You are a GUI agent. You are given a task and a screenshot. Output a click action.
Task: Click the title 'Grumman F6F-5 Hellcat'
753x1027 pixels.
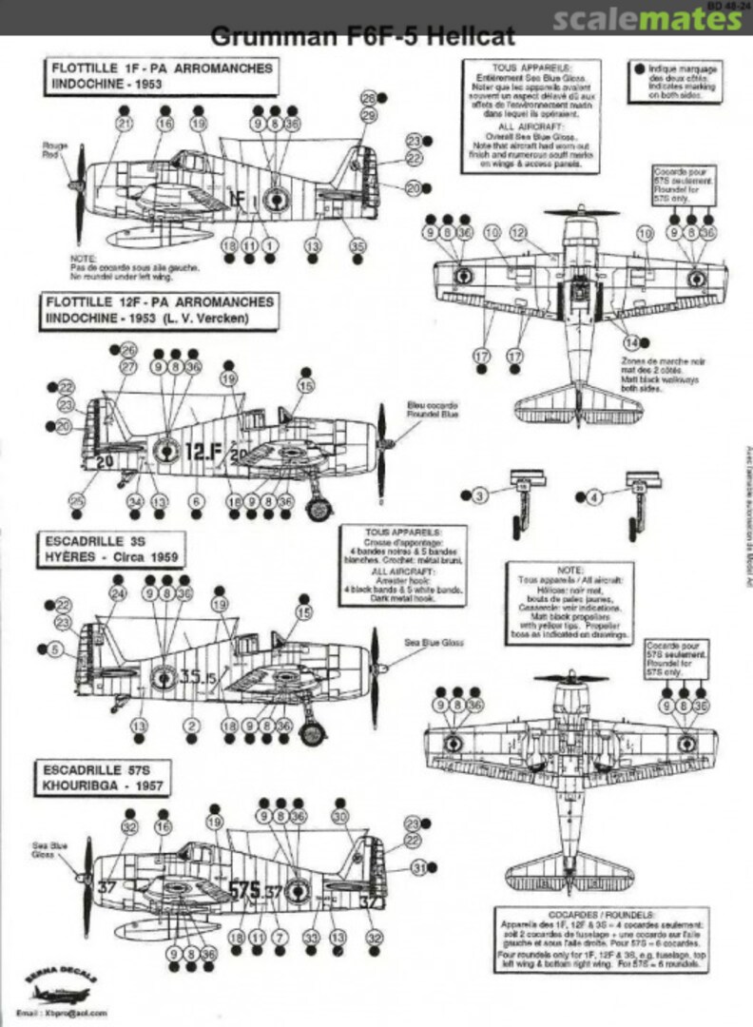pyautogui.click(x=363, y=37)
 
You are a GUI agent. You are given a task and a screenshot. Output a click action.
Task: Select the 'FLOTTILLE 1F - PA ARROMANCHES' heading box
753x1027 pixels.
pyautogui.click(x=161, y=76)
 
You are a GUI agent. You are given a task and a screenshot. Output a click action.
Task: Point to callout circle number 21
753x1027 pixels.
pyautogui.click(x=125, y=124)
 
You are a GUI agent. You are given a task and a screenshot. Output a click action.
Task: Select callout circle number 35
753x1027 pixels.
pyautogui.click(x=357, y=246)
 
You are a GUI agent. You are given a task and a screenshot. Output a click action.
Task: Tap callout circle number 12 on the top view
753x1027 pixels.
pyautogui.click(x=517, y=233)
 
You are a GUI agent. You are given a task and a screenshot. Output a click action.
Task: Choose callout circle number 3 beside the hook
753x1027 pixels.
pyautogui.click(x=481, y=495)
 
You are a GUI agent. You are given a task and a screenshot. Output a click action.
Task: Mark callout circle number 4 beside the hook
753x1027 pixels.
pyautogui.click(x=596, y=495)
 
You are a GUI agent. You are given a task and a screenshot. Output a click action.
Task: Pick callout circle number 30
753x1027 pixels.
pyautogui.click(x=340, y=817)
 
